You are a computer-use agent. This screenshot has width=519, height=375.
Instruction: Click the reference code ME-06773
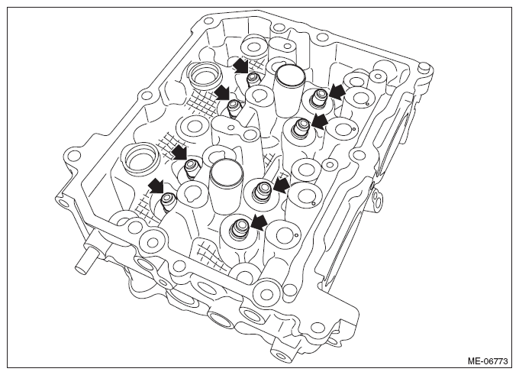pyautogui.click(x=487, y=360)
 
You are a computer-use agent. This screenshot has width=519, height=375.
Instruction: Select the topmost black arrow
pyautogui.click(x=240, y=65)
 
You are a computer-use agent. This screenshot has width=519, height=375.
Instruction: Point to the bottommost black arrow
pyautogui.click(x=259, y=222)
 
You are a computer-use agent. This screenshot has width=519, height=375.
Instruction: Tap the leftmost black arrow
pyautogui.click(x=156, y=186)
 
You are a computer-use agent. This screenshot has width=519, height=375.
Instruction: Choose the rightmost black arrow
pyautogui.click(x=337, y=92)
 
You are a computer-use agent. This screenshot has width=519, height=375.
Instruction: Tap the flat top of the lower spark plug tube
pyautogui.click(x=227, y=171)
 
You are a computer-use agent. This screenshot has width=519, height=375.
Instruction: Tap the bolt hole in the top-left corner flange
pyautogui.click(x=208, y=21)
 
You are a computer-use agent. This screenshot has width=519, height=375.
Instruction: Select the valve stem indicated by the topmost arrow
pyautogui.click(x=253, y=79)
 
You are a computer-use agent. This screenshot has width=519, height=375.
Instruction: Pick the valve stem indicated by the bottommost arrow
pyautogui.click(x=239, y=228)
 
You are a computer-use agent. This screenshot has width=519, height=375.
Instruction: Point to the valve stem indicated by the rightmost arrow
pyautogui.click(x=321, y=98)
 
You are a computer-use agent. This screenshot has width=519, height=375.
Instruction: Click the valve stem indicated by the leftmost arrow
pyautogui.click(x=167, y=200)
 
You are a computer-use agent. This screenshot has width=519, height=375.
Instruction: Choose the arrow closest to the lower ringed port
pyautogui.click(x=179, y=152)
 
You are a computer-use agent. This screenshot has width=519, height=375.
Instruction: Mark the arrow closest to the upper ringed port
pyautogui.click(x=222, y=92)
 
